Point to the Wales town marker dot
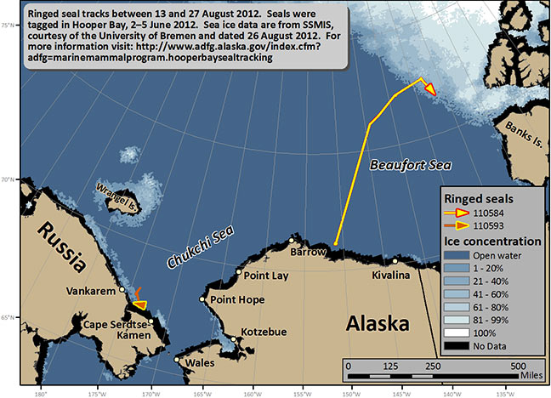177,360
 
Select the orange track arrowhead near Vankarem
139,304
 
